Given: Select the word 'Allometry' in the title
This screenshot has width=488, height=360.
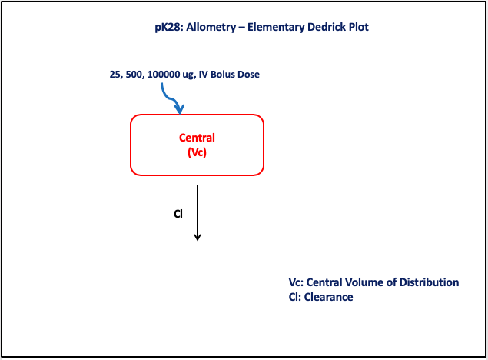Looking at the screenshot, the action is pyautogui.click(x=211, y=28).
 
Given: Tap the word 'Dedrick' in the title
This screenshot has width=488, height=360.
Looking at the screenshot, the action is pyautogui.click(x=326, y=27).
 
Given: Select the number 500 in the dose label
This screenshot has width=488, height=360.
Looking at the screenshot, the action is pyautogui.click(x=134, y=75).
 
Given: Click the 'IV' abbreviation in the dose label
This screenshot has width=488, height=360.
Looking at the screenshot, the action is pyautogui.click(x=203, y=75).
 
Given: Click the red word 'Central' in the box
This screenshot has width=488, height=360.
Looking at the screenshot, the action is pyautogui.click(x=197, y=138).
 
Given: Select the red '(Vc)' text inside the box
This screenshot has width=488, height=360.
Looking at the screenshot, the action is pyautogui.click(x=197, y=152).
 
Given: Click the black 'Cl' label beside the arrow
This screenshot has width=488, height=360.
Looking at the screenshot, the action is pyautogui.click(x=178, y=214).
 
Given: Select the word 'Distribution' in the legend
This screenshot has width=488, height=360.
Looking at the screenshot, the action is pyautogui.click(x=429, y=282).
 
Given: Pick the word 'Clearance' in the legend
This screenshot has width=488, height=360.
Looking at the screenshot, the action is pyautogui.click(x=328, y=297).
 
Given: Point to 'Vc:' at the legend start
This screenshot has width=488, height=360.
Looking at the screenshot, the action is pyautogui.click(x=296, y=282).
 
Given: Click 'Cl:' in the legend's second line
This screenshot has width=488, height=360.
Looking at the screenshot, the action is pyautogui.click(x=295, y=297).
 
